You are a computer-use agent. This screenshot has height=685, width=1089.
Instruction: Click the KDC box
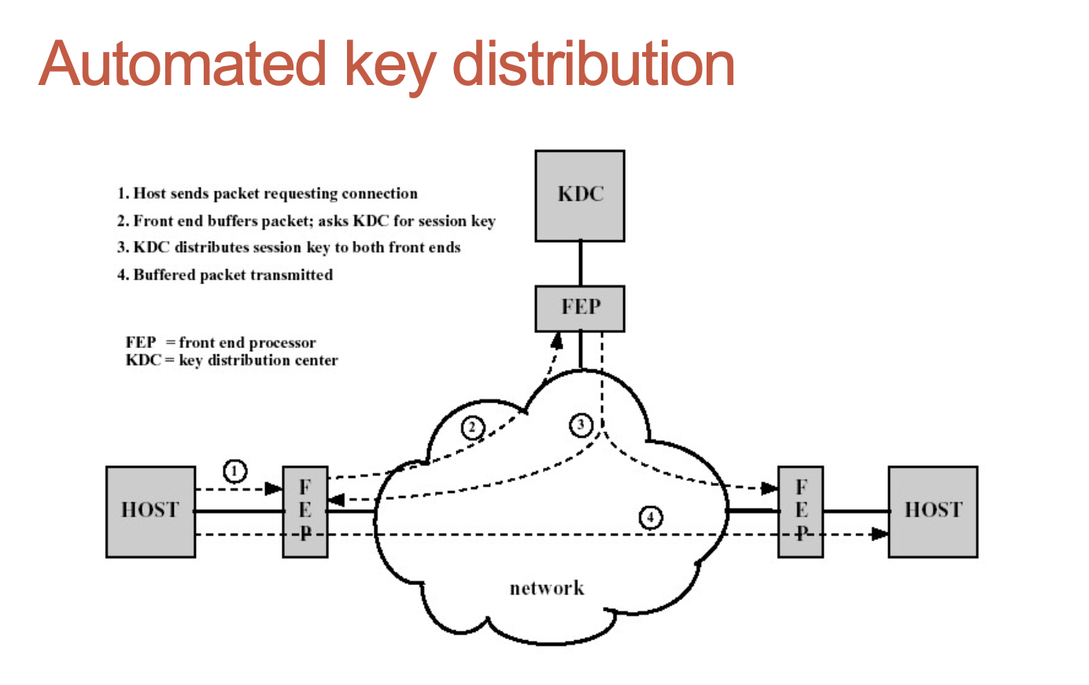coord(580,195)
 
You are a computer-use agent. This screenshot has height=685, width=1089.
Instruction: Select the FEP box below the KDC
coord(580,308)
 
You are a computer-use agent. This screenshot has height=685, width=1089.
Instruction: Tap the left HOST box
coord(150,511)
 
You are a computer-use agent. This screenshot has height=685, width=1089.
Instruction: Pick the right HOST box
coord(932,511)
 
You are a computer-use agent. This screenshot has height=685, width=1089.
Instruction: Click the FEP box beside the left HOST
coord(305,511)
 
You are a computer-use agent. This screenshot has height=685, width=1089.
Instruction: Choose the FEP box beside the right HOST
coord(800,511)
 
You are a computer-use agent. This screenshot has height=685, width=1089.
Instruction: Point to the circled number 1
coord(234,471)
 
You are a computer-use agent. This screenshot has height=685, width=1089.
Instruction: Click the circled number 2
coord(472,428)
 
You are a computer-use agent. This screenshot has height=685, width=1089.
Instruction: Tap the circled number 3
coord(581,425)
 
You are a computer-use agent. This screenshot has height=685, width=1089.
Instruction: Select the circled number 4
coord(650,517)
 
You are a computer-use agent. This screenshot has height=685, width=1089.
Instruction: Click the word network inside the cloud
coord(547,588)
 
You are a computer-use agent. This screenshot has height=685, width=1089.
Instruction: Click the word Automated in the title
coord(182,64)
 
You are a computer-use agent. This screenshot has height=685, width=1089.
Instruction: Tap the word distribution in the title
coord(594,64)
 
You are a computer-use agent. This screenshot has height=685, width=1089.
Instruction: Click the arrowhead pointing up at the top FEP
coord(557,340)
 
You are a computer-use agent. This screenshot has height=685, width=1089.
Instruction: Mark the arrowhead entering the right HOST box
coord(880,534)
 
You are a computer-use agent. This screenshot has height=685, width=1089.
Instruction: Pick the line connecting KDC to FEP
coord(581,263)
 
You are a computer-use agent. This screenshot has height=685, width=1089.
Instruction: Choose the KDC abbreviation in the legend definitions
coord(142,361)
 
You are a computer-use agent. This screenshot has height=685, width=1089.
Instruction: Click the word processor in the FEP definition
coord(282,342)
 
